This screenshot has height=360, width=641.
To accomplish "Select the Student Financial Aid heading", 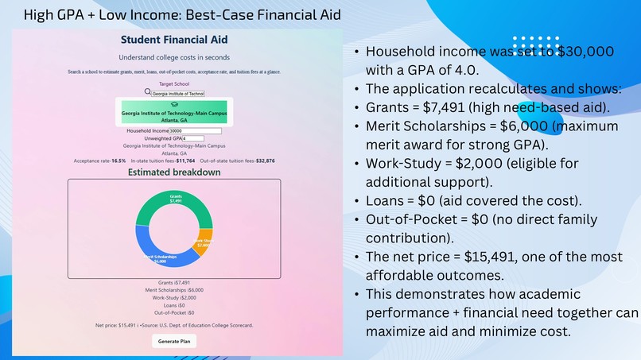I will click(x=173, y=40).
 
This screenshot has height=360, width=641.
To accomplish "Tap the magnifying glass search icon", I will click(x=147, y=92).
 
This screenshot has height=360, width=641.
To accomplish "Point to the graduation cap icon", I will click(x=174, y=104).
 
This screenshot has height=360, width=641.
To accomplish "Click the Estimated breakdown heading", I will click(x=173, y=172).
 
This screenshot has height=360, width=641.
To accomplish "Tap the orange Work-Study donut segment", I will click(x=205, y=242).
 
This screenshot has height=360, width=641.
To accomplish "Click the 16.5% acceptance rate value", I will click(x=118, y=161).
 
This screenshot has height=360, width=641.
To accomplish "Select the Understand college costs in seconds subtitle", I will click(x=173, y=57).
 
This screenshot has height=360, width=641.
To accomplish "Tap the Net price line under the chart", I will click(x=173, y=324).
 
